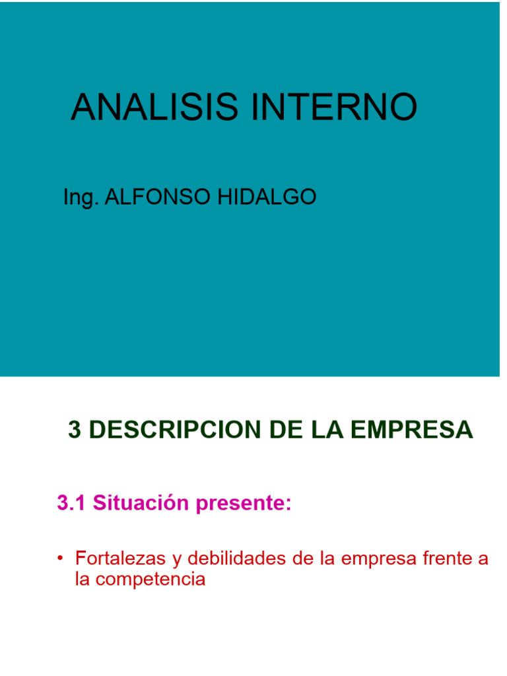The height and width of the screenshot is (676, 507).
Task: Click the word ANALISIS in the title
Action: (155, 107)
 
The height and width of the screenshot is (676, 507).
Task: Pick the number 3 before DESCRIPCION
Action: (75, 430)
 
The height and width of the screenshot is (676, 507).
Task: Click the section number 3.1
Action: (72, 503)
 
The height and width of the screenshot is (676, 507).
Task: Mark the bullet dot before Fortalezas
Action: (59, 559)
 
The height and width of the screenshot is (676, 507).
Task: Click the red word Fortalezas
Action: (120, 558)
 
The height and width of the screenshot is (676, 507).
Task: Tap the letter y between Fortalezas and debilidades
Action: (176, 560)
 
